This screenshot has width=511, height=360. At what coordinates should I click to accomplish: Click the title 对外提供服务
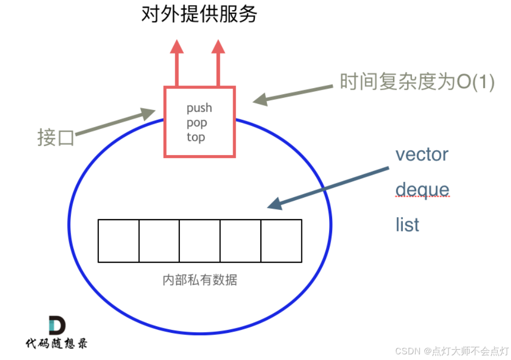199,15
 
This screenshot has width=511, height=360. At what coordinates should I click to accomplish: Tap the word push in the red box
199,108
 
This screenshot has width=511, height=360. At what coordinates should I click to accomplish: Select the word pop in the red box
197,123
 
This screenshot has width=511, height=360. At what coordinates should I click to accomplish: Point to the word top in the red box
196,137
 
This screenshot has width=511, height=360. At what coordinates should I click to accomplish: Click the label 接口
56,138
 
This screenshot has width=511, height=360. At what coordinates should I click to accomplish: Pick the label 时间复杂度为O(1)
417,82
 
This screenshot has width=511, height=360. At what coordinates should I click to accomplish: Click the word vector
422,154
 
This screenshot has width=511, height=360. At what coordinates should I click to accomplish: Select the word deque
422,189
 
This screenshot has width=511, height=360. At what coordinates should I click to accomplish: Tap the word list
407,225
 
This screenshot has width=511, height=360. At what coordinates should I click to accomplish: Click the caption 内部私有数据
199,280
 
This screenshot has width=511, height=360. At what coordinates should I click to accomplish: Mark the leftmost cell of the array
118,241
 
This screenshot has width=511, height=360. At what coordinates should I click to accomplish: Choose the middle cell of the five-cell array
199,241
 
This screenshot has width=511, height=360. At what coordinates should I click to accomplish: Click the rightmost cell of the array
281,241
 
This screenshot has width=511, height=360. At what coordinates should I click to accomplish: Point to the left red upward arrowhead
177,47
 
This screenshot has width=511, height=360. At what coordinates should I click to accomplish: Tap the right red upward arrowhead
218,47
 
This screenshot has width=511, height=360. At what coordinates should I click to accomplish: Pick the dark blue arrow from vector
328,187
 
